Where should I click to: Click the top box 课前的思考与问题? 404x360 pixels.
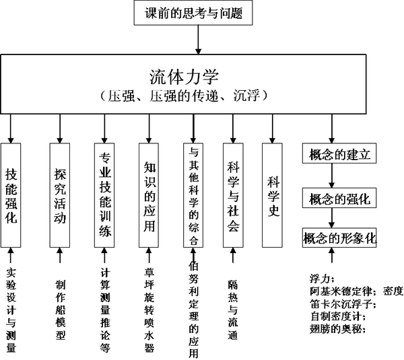coord(193,13)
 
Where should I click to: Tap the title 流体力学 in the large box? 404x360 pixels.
coord(184,77)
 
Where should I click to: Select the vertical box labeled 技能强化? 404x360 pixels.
coord(11,195)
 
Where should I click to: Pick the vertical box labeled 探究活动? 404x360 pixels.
coord(60,195)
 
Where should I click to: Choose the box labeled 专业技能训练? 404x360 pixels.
coord(104,195)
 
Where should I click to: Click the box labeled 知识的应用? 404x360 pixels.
coord(149,195)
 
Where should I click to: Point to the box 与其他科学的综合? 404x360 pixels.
coord(193,195)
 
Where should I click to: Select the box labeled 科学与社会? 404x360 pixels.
coord(233,195)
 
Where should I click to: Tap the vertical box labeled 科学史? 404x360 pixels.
coord(272,195)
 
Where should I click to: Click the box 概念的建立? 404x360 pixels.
coord(339,153)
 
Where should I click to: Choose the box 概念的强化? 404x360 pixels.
coord(339,198)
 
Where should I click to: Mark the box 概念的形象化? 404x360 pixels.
coord(339,238)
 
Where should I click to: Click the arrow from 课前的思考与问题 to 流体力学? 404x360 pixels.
coord(198,40)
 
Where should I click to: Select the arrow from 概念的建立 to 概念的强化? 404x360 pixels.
coord(332,176)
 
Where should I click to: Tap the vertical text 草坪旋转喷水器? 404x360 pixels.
coord(149,310)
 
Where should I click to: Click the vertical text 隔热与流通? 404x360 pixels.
coord(233,310)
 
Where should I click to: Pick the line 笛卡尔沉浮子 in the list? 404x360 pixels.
coord(343,304)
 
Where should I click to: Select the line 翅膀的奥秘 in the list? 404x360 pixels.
coord(338,329)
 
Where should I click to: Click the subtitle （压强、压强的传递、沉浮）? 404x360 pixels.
coord(184,96)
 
